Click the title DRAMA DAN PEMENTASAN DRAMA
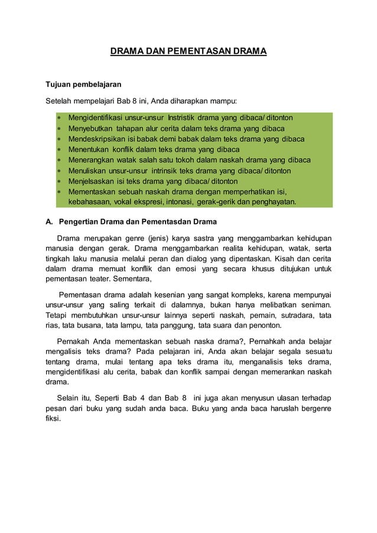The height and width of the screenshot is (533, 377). tap(188, 52)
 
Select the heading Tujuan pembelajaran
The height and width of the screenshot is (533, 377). tap(84, 84)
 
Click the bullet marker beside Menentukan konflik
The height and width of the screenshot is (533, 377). tap(59, 150)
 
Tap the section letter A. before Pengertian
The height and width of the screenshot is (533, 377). tap(50, 222)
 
